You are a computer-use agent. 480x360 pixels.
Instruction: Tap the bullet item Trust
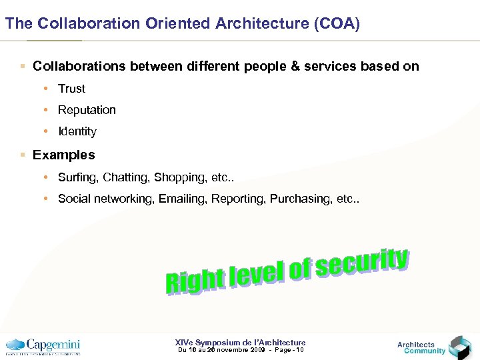pos(71,89)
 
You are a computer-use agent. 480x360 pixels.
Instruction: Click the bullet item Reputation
pos(87,110)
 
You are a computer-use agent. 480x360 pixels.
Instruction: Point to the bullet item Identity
pos(77,131)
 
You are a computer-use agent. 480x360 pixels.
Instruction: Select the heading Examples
pos(64,155)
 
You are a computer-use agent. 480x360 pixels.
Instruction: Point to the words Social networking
pos(105,199)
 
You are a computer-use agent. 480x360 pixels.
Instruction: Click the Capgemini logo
pos(43,346)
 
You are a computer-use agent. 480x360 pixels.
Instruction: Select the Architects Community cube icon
pos(459,347)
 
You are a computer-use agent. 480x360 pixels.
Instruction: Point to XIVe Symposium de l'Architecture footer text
pos(240,342)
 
